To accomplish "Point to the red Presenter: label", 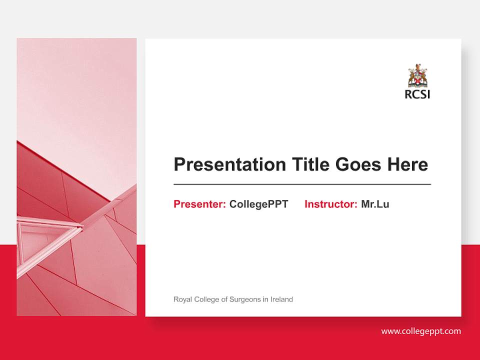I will coord(199,204).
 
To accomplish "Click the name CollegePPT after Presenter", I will coord(258,204).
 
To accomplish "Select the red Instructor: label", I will coord(330,204).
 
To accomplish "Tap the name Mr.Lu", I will coord(375,204).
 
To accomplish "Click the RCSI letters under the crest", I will coord(417,94).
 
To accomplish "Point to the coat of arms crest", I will coord(417,75).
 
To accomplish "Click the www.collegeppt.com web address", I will coord(421,331).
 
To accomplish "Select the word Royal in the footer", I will coord(182,299).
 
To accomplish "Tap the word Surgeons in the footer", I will coord(245,299).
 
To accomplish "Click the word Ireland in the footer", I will coord(281,299).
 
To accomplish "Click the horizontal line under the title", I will coord(302,184).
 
